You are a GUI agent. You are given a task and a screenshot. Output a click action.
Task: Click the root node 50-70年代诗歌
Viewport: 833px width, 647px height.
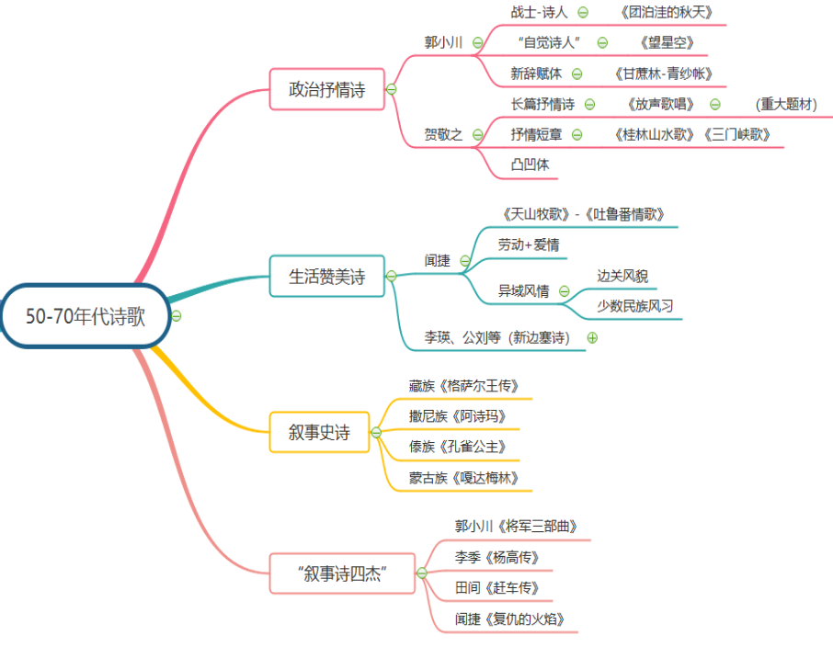pos(85,316)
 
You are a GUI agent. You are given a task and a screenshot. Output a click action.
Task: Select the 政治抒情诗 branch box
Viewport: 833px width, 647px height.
pos(327,90)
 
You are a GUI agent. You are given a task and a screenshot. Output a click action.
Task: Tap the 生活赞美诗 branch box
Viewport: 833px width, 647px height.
pos(327,276)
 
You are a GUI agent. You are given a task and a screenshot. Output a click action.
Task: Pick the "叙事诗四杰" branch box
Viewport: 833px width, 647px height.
pos(342,573)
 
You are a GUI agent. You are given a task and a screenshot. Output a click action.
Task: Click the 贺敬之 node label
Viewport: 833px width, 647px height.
pos(443,135)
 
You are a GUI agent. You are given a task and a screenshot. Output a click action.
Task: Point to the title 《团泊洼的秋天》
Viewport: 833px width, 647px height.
pos(667,13)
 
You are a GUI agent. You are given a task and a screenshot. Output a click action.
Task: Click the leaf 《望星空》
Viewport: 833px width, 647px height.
pos(666,42)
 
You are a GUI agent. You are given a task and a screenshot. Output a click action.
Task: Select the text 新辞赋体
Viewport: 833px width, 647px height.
pos(536,74)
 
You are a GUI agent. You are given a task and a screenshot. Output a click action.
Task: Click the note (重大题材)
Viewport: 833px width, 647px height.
pos(785,105)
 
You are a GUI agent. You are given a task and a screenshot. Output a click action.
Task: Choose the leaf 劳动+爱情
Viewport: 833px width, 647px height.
pos(529,244)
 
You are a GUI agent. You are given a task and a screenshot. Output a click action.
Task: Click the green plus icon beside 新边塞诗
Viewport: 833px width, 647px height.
pos(592,337)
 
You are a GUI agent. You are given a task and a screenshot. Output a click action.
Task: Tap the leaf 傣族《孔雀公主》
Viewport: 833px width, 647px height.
pos(458,447)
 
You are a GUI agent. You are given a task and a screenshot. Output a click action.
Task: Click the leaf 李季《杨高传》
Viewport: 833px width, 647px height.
pos(496,557)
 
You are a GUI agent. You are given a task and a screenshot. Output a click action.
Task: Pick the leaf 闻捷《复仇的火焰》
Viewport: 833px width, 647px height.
pos(516,619)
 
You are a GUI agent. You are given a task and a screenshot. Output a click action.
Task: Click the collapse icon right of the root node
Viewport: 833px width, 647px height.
pos(177,316)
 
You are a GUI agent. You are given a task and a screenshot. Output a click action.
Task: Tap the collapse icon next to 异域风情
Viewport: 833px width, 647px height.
pos(564,291)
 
